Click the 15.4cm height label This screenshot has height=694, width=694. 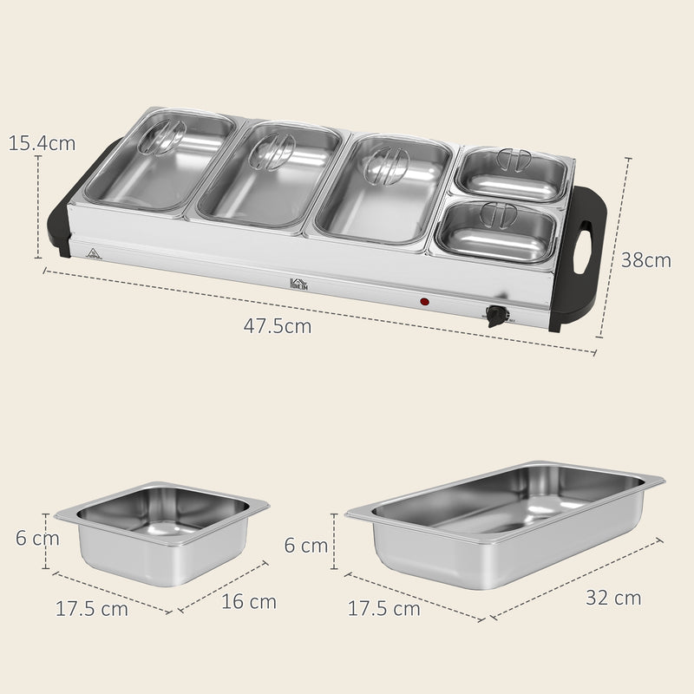pyautogui.click(x=42, y=142)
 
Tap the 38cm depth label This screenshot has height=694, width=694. pyautogui.click(x=646, y=259)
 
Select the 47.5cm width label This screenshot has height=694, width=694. pyautogui.click(x=278, y=327)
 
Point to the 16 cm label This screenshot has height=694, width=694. pyautogui.click(x=248, y=600)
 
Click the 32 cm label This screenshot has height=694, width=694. pyautogui.click(x=613, y=597)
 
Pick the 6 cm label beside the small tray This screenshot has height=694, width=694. pyautogui.click(x=37, y=538)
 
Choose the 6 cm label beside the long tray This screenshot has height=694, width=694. pyautogui.click(x=306, y=545)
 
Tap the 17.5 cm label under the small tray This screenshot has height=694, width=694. pyautogui.click(x=92, y=608)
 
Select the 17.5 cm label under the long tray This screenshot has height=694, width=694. pyautogui.click(x=383, y=608)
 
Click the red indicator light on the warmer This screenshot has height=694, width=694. pyautogui.click(x=425, y=302)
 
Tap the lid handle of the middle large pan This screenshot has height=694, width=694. pyautogui.click(x=275, y=152)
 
